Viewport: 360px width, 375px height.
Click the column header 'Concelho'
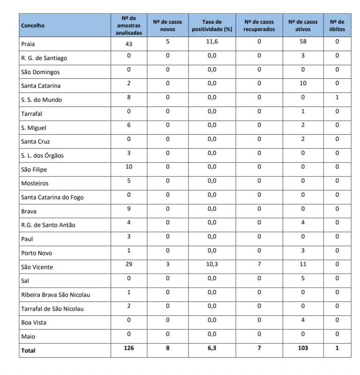pyautogui.click(x=33, y=26)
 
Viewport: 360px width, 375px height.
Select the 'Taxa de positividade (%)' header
pyautogui.click(x=212, y=25)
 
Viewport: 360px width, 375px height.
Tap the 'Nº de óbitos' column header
pyautogui.click(x=337, y=25)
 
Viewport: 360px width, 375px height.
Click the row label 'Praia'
pyautogui.click(x=29, y=45)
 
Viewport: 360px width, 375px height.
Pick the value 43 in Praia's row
pyautogui.click(x=129, y=44)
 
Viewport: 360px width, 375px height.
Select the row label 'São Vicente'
pyautogui.click(x=37, y=267)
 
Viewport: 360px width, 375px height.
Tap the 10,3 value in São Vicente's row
pyautogui.click(x=212, y=265)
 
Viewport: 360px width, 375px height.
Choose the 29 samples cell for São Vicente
pyautogui.click(x=129, y=265)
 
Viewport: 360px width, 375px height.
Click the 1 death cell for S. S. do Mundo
pyautogui.click(x=337, y=98)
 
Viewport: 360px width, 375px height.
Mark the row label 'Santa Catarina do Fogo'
pyautogui.click(x=52, y=198)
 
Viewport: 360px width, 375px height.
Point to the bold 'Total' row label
pyautogui.click(x=28, y=351)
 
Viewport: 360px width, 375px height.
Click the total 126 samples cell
pyautogui.click(x=129, y=348)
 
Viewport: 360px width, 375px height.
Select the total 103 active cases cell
pyautogui.click(x=303, y=348)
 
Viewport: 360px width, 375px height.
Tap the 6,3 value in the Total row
pyautogui.click(x=212, y=348)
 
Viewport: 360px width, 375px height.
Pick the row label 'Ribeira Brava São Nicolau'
pyautogui.click(x=55, y=295)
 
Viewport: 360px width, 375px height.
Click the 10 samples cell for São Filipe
pyautogui.click(x=129, y=167)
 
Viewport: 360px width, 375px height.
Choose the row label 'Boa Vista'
pyautogui.click(x=34, y=323)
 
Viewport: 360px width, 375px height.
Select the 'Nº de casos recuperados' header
pyautogui.click(x=259, y=25)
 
